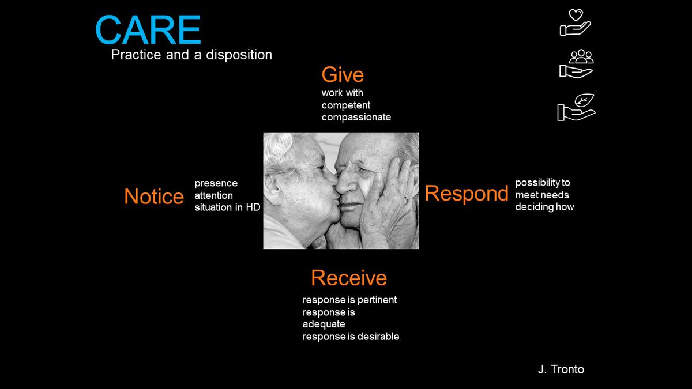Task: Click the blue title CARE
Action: pos(148,31)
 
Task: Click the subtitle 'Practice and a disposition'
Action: pos(191,55)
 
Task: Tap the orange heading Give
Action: pos(343,75)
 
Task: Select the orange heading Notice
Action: pos(154,197)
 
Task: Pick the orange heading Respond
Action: pos(467,194)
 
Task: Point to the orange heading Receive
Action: pos(349,278)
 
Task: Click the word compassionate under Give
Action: pos(356,117)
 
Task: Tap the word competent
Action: pos(346,105)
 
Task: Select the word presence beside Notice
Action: pos(216,183)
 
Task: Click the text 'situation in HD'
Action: pos(227,207)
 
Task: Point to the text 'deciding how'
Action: pos(544,207)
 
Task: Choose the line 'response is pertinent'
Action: pos(349,300)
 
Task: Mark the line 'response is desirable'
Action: pos(351,337)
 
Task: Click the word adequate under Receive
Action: pos(324,324)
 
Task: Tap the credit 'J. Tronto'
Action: pos(561,369)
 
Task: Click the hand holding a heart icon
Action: pos(576,22)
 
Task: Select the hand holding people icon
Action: pos(576,64)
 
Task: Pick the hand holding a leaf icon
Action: pos(576,107)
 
